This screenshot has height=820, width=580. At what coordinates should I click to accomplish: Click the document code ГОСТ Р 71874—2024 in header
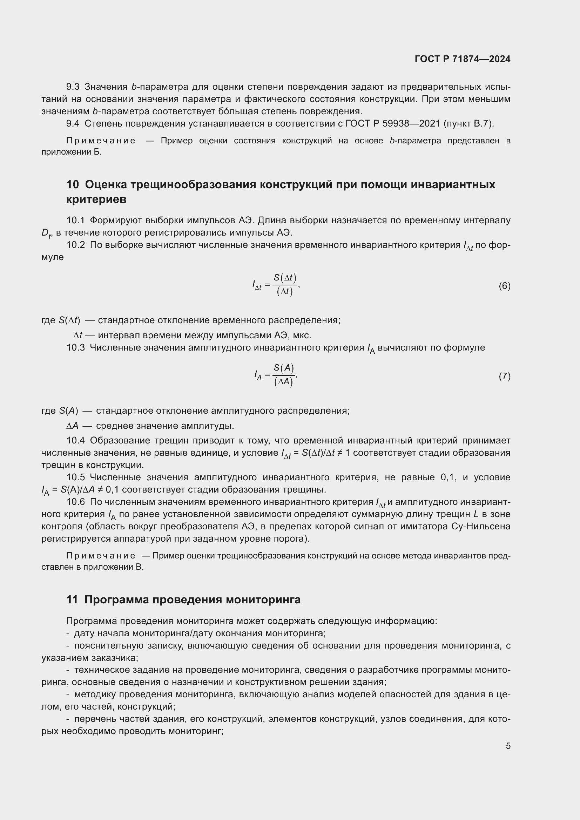pos(463,59)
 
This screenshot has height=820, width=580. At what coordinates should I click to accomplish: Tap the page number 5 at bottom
pos(508,746)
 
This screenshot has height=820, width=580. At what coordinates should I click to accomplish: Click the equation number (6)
pos(504,286)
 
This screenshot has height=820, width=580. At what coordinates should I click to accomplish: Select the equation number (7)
pos(504,376)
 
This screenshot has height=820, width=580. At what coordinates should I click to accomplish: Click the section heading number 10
pos(73,185)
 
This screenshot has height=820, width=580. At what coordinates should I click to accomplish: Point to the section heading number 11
pos(72,599)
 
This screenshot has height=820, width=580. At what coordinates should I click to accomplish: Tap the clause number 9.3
pos(73,87)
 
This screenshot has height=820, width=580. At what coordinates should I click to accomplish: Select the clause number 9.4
pos(73,123)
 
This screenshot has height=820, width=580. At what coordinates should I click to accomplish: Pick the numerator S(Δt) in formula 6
pos(285,278)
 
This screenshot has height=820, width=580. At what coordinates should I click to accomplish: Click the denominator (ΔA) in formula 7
pos(284,382)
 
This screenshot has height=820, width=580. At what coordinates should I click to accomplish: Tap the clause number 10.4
pos(75,440)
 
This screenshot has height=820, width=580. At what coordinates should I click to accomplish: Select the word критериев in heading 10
pos(96,199)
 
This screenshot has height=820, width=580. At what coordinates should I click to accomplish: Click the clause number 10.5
pos(75,477)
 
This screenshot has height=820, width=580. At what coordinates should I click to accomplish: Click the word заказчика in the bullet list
pos(114,658)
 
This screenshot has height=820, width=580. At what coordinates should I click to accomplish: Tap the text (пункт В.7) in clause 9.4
pos(468,123)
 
